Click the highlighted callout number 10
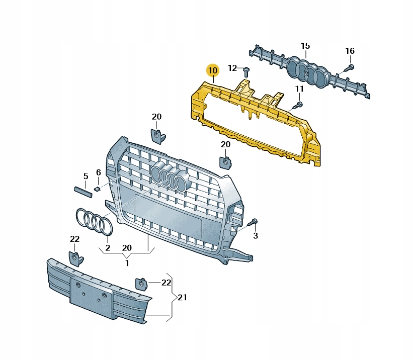[213, 70]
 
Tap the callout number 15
[305, 46]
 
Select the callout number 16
[350, 51]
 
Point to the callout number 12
[232, 68]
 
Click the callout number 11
[299, 89]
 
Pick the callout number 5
[86, 176]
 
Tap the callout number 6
[98, 172]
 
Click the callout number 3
[256, 236]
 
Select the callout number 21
[182, 297]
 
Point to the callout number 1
[127, 263]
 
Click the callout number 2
[108, 248]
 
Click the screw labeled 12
[246, 71]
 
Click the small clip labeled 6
[97, 189]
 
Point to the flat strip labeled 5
[82, 192]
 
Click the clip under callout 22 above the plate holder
[75, 258]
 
